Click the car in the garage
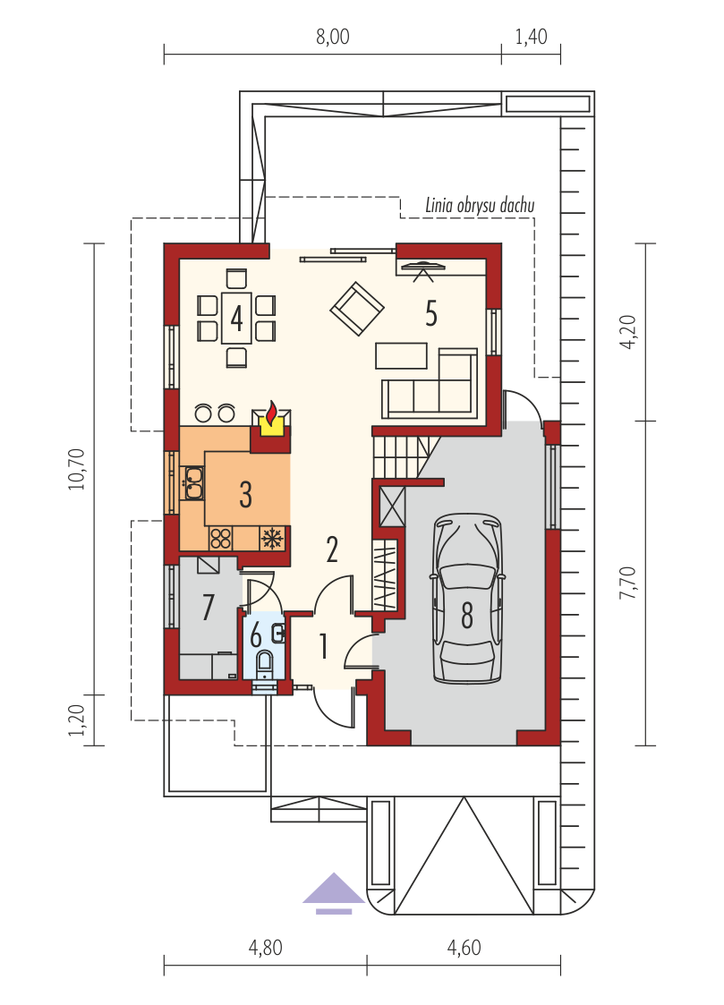pyautogui.click(x=466, y=598)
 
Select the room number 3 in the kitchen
pyautogui.click(x=245, y=494)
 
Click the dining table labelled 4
pyautogui.click(x=236, y=318)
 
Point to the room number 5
pyautogui.click(x=431, y=313)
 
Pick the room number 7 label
pyautogui.click(x=208, y=607)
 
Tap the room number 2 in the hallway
pyautogui.click(x=332, y=549)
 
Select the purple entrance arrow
pyautogui.click(x=334, y=893)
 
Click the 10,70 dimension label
pyautogui.click(x=77, y=469)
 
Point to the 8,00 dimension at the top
pyautogui.click(x=333, y=37)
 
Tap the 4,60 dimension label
pyautogui.click(x=464, y=948)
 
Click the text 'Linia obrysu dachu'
pyautogui.click(x=480, y=205)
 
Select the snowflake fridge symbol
pyautogui.click(x=274, y=539)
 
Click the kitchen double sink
pyautogui.click(x=193, y=483)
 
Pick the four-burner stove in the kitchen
pyautogui.click(x=220, y=539)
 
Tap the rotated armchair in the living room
pyautogui.click(x=357, y=309)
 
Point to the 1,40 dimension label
pyautogui.click(x=532, y=37)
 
